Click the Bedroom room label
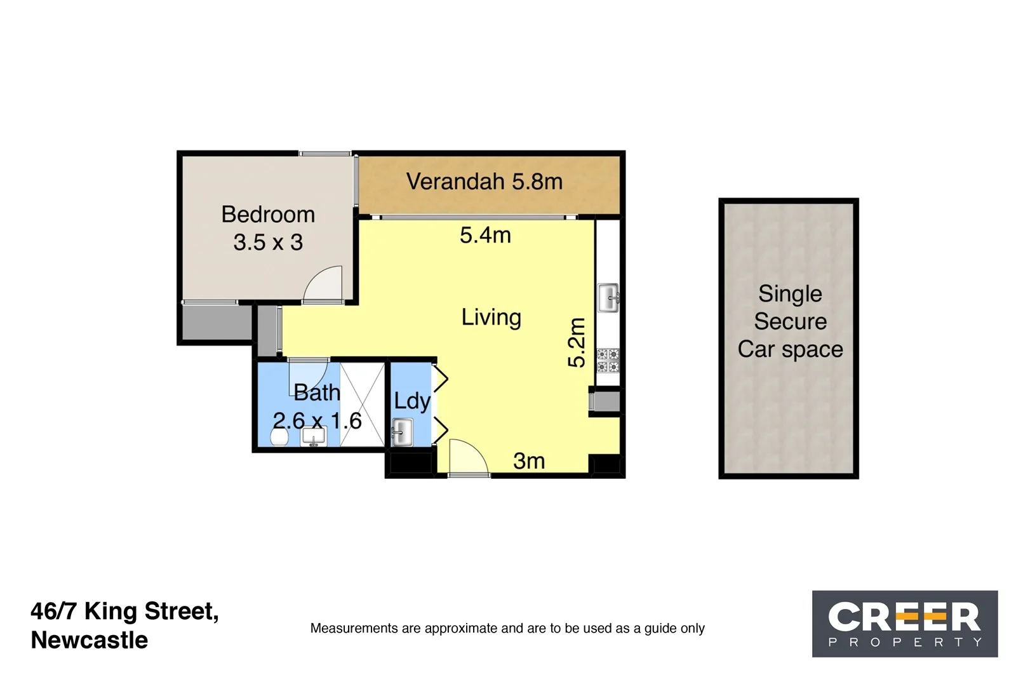click(x=268, y=215)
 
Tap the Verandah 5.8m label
click(x=484, y=182)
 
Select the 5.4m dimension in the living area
click(x=485, y=235)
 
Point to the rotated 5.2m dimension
click(x=576, y=342)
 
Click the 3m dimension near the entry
click(x=529, y=461)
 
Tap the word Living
click(x=491, y=317)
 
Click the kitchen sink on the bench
click(x=608, y=297)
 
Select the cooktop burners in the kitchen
click(x=608, y=361)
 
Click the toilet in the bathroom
click(x=279, y=436)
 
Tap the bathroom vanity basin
click(x=313, y=436)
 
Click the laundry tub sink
click(x=401, y=432)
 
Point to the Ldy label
click(x=411, y=401)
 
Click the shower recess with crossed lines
click(x=363, y=404)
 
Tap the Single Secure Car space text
click(x=790, y=321)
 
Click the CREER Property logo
click(x=904, y=623)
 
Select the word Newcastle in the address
click(x=90, y=640)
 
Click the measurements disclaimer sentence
click(x=507, y=628)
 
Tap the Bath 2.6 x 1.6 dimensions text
click(x=317, y=420)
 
